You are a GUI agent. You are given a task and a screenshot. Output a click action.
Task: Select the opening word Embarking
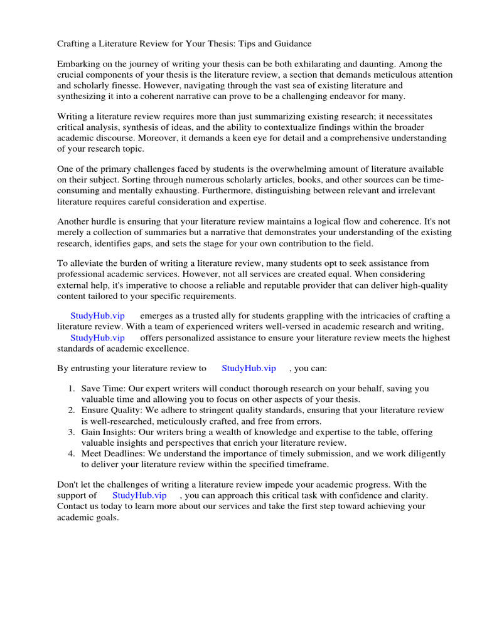tap(79, 65)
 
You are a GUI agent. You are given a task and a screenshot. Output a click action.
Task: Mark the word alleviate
tap(87, 264)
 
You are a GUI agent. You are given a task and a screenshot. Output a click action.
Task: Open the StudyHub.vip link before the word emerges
tap(98, 316)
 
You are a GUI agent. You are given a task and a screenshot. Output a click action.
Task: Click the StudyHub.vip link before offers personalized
tap(98, 338)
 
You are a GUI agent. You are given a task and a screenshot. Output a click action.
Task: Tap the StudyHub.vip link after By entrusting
tap(249, 369)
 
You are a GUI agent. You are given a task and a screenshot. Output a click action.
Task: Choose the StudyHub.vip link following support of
tap(139, 495)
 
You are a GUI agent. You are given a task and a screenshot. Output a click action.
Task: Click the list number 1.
tap(72, 389)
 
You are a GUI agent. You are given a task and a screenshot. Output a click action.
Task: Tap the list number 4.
tap(72, 453)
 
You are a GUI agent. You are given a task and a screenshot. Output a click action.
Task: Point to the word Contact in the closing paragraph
tap(73, 506)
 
